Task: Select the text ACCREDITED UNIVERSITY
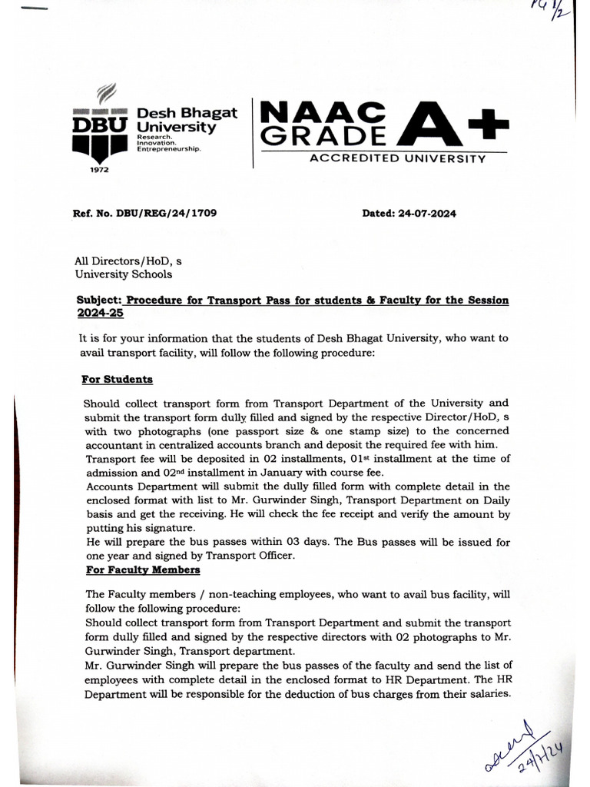pyautogui.click(x=396, y=159)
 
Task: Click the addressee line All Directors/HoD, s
pyautogui.click(x=128, y=261)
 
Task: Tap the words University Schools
pyautogui.click(x=123, y=274)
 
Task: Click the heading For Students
pyautogui.click(x=118, y=380)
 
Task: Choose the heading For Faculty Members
pyautogui.click(x=142, y=569)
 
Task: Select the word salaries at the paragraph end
pyautogui.click(x=486, y=693)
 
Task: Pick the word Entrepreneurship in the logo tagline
pyautogui.click(x=168, y=150)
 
